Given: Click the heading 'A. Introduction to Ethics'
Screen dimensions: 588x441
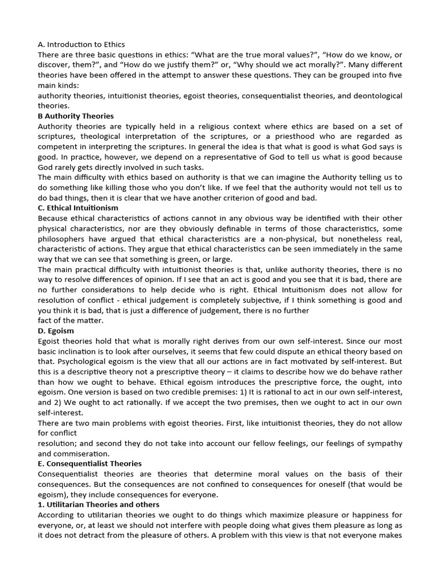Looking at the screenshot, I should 81,44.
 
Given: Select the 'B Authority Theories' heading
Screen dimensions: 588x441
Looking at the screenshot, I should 76,116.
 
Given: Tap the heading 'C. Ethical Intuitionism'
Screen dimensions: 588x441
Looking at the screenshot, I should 78,208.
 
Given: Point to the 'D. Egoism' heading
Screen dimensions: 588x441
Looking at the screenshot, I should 56,331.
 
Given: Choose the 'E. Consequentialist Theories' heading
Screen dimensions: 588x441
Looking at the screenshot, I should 90,463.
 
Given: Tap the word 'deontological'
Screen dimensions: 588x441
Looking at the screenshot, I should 374,95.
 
